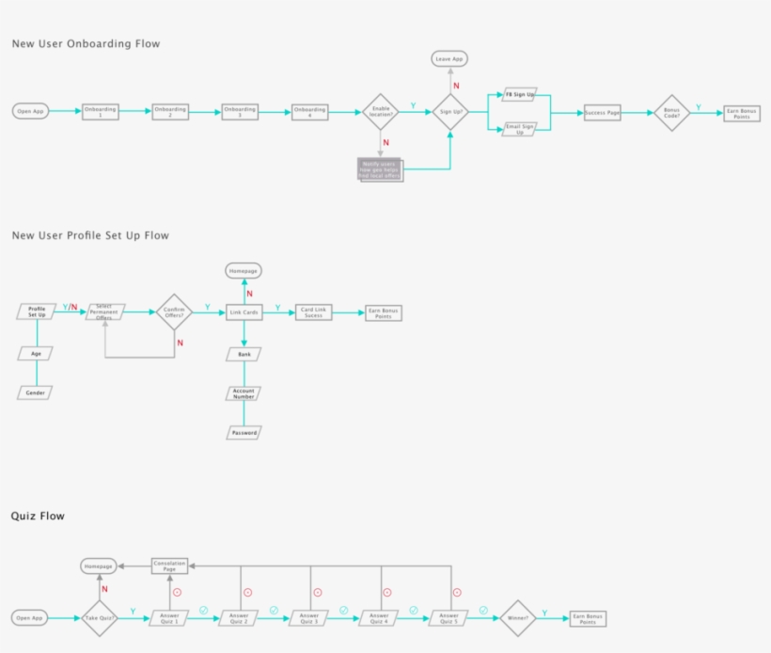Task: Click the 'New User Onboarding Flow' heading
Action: coord(86,43)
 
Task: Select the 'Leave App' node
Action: coord(449,59)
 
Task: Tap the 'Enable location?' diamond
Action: coord(381,111)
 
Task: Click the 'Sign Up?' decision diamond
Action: coord(451,111)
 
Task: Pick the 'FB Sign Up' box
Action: coord(519,95)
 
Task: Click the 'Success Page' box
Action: coord(602,112)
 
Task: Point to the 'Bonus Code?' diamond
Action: coord(671,112)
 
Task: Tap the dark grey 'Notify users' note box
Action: coord(380,169)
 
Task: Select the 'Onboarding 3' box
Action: coord(240,111)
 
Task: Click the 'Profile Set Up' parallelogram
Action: coord(37,311)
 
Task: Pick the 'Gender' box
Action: coord(36,392)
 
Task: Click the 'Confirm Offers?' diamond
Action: coord(174,311)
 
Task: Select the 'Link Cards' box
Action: coord(244,311)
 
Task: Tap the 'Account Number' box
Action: coord(244,393)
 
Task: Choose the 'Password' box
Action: coord(244,433)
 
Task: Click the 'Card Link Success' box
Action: coord(313,311)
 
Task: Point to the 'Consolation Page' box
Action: coord(170,565)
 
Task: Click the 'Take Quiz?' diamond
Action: coord(101,618)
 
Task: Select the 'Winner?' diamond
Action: coord(518,618)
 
